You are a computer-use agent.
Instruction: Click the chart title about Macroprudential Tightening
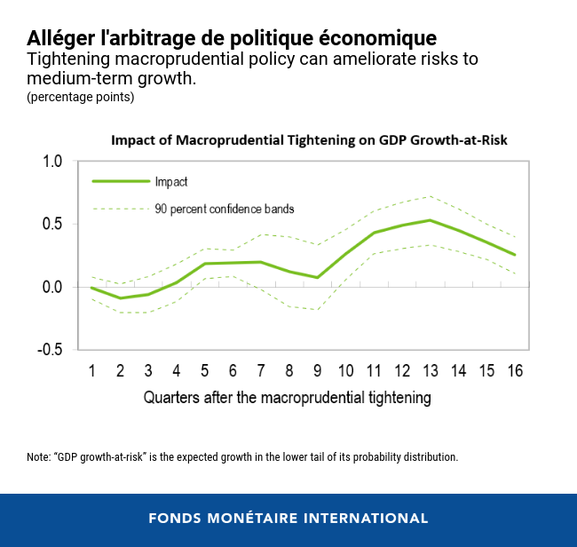click(x=308, y=140)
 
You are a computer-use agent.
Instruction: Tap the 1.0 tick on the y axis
click(x=52, y=162)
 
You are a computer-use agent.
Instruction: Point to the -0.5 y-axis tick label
click(x=50, y=350)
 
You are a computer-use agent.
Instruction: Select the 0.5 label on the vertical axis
click(x=52, y=224)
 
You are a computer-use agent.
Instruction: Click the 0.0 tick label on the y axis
click(x=52, y=287)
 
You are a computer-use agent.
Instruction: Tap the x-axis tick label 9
click(x=317, y=370)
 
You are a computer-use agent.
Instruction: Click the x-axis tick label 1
click(x=91, y=370)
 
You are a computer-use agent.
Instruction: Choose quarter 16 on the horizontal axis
click(x=514, y=370)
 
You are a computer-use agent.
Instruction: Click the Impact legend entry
click(x=171, y=181)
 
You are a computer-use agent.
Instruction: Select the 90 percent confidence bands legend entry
click(x=225, y=210)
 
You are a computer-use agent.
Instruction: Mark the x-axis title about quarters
click(x=288, y=398)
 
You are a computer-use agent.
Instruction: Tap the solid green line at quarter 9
click(x=317, y=277)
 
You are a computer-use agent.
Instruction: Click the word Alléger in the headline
click(x=62, y=37)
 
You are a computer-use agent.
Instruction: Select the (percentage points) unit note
click(x=81, y=98)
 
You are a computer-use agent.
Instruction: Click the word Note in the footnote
click(x=38, y=457)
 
